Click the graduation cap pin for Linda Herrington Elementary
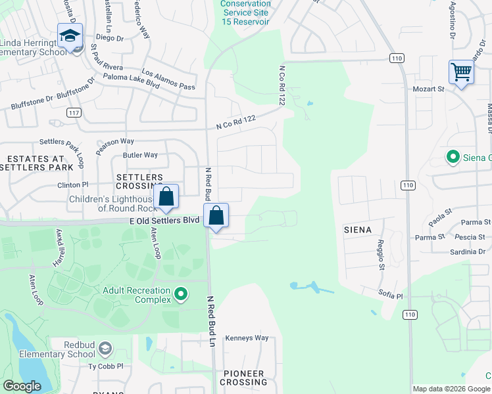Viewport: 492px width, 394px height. point(69,37)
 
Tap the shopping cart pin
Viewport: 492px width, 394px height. point(461,72)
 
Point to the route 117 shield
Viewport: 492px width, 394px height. point(74,113)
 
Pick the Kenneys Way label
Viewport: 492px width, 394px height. point(247,338)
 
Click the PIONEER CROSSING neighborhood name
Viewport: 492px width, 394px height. point(243,378)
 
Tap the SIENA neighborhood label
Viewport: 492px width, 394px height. point(358,230)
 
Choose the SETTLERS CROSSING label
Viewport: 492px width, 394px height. point(139,183)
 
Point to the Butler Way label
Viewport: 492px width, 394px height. point(140,155)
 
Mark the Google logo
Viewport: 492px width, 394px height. point(22,386)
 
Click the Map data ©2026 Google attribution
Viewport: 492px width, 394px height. point(451,389)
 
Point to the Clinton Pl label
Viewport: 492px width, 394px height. point(73,185)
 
